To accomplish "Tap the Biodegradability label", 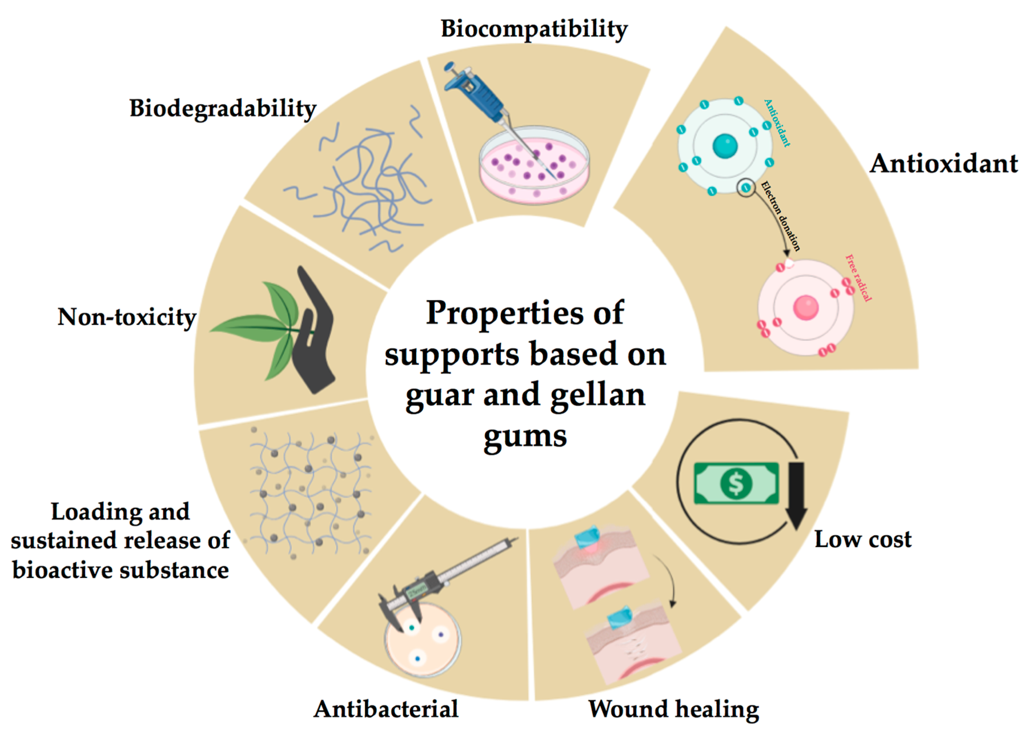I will (223, 109).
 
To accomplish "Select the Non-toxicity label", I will (127, 317).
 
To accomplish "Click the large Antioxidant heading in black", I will (943, 163).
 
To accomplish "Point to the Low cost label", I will (863, 539).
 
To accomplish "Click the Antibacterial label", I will (386, 708).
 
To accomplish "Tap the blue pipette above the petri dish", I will (475, 95).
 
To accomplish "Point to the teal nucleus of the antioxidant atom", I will (725, 146).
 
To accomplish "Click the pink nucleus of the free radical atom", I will (806, 307).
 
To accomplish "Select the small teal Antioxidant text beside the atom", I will (777, 123).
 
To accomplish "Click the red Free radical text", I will (858, 277).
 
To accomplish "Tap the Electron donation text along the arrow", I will (780, 215).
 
